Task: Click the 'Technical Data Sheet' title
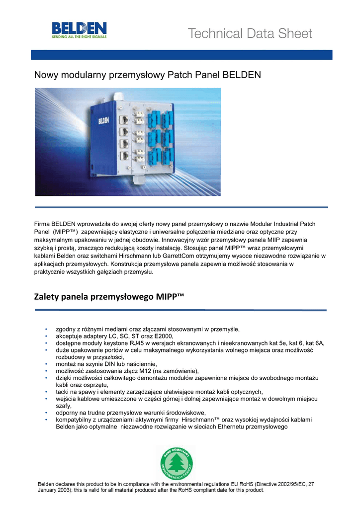pos(250,34)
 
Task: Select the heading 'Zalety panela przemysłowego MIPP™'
pos(109,297)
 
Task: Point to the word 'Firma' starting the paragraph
pos(42,224)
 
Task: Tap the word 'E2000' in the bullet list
pos(162,336)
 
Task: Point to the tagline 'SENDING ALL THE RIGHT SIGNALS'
pos(79,37)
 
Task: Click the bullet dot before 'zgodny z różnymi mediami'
pos(46,329)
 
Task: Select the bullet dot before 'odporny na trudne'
pos(46,413)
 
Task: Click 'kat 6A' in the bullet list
pos(315,343)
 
